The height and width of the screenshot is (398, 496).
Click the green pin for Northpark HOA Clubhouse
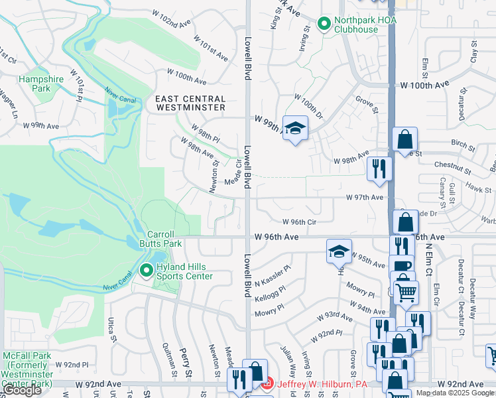[324, 25]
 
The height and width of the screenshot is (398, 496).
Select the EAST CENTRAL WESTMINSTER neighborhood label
[190, 103]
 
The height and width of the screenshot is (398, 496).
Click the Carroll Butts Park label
[164, 239]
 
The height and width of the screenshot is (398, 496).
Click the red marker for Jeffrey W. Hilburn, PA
[267, 383]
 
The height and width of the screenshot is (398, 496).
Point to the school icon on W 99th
[295, 128]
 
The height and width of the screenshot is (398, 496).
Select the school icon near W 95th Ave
[338, 251]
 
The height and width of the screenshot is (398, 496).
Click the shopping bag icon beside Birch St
[404, 141]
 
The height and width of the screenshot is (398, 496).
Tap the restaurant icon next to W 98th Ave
[379, 168]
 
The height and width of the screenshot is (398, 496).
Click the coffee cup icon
[401, 266]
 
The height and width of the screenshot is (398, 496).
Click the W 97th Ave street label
[364, 198]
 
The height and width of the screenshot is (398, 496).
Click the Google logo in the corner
[22, 391]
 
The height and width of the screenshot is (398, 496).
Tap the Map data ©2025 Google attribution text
[454, 393]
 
